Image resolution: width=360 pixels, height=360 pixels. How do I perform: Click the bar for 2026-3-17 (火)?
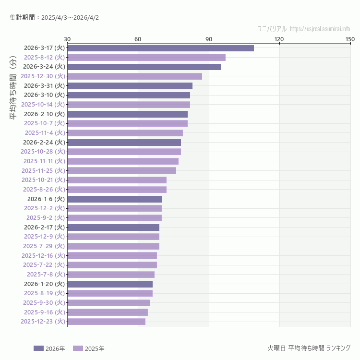tap(160, 48)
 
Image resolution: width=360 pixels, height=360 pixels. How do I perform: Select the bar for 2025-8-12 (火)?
tap(146, 58)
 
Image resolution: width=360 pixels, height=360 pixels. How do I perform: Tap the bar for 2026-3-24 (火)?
tap(144, 67)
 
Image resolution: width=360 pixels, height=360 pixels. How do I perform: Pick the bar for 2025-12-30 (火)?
tap(134, 76)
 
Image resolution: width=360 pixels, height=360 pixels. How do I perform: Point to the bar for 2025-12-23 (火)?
tap(106, 322)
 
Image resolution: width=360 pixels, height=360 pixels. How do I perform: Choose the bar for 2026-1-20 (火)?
tap(110, 284)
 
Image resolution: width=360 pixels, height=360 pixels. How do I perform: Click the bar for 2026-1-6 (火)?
tap(114, 199)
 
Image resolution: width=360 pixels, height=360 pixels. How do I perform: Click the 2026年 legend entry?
tap(49, 348)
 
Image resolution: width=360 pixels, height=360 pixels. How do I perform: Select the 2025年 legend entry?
tap(89, 348)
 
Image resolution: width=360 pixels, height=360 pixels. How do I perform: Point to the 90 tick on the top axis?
tap(209, 39)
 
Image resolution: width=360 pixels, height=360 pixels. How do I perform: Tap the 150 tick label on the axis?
tap(350, 39)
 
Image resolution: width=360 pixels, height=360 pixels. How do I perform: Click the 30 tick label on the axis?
tap(67, 39)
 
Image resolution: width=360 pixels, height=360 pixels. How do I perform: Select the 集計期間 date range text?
tap(54, 18)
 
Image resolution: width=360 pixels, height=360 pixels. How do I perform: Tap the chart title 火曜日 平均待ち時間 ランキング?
tap(309, 348)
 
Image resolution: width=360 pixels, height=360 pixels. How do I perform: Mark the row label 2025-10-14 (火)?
tap(43, 105)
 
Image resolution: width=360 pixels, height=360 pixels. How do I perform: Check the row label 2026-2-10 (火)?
tap(44, 114)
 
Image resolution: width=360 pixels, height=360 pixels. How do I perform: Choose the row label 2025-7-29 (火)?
tap(44, 246)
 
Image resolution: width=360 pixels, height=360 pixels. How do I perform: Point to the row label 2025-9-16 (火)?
tap(44, 312)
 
